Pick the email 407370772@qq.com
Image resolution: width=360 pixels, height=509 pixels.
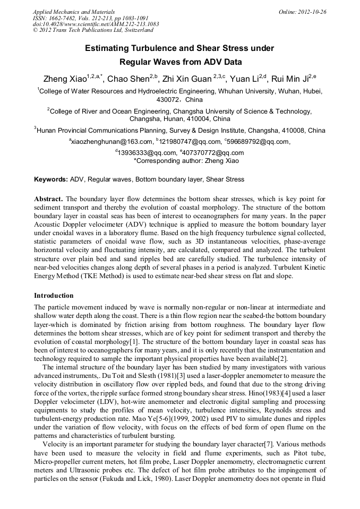217,153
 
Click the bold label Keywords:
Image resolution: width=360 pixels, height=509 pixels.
51,179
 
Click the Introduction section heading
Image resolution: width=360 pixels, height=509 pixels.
54,295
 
